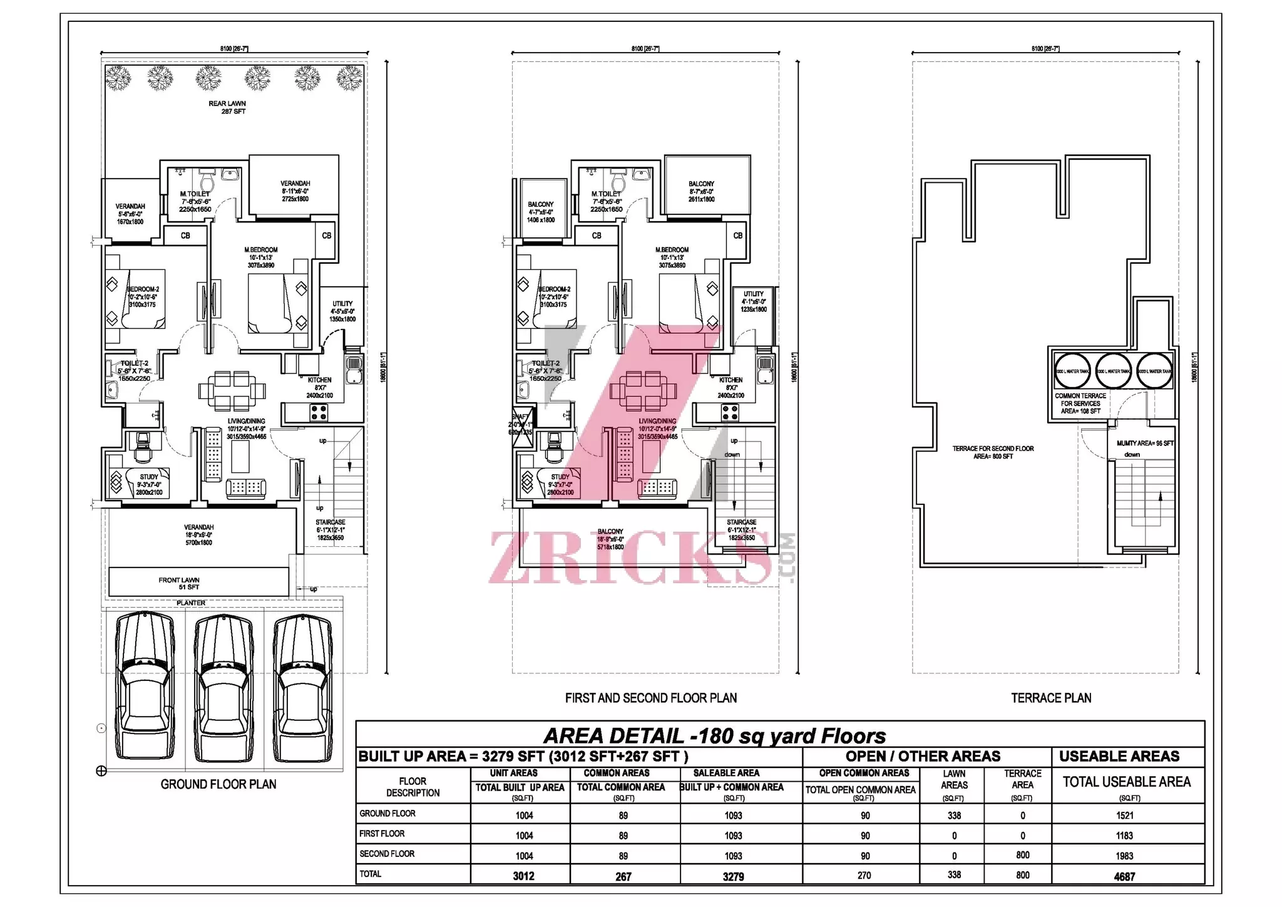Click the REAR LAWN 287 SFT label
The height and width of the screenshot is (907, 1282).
coord(227,108)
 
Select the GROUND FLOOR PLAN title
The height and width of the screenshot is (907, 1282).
coord(218,784)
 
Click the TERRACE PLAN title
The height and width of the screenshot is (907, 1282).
coord(1051,698)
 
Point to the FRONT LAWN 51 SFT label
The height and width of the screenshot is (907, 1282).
coord(179,584)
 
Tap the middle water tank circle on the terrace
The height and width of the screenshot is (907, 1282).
coord(1114,371)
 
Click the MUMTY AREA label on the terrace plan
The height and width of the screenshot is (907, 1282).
coord(1145,443)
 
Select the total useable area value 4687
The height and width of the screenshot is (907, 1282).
coord(1124,876)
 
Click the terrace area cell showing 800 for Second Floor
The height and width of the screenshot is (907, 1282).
coord(1022,855)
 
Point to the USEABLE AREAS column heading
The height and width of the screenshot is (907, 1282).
coord(1119,757)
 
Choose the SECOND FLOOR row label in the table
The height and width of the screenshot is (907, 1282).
coord(387,854)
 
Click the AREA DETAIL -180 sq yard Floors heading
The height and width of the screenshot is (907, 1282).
coord(714,735)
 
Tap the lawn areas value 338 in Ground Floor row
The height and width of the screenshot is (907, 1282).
coord(954,816)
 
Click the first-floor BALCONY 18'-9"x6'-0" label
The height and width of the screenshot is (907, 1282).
coord(610,539)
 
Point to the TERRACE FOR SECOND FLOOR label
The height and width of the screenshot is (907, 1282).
coord(993,452)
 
